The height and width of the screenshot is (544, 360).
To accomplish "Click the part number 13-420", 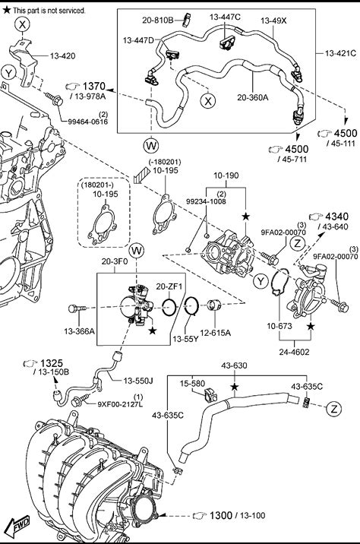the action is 62,56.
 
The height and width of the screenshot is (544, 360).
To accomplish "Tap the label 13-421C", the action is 340,53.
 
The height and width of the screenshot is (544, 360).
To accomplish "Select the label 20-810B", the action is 157,21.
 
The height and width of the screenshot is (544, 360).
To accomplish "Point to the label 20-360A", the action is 252,97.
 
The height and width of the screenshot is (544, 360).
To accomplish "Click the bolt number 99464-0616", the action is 88,122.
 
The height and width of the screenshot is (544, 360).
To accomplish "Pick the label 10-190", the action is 226,176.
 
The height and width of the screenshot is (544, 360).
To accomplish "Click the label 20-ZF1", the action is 169,286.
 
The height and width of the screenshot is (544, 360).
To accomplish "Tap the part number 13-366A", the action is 79,331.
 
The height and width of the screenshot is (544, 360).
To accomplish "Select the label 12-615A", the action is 216,333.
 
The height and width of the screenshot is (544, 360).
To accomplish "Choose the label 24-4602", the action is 294,352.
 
